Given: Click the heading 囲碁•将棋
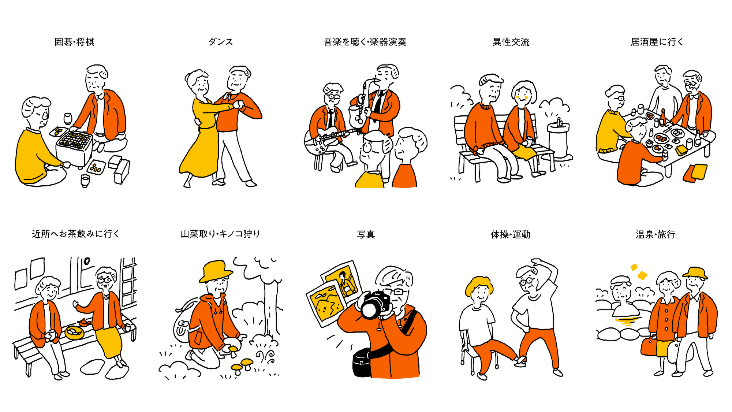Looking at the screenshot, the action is (74, 42).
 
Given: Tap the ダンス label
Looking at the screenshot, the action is (221, 42).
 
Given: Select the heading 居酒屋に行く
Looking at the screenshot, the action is (657, 42).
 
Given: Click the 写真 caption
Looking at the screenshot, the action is (366, 234).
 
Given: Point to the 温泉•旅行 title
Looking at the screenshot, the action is (656, 234).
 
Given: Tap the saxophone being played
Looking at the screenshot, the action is (359, 106).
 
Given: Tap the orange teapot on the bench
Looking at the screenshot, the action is (84, 322).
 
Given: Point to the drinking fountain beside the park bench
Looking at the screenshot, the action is (559, 139).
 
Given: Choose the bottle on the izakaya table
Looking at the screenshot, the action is (662, 117).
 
